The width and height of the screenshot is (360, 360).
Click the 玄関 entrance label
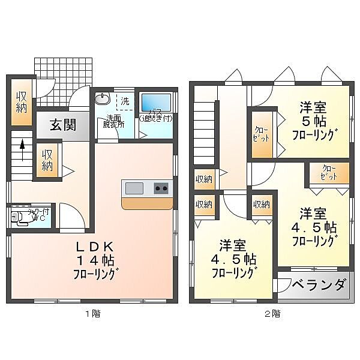point(62,126)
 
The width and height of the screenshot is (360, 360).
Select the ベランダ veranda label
point(320,284)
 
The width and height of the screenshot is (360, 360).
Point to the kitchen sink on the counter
point(134,188)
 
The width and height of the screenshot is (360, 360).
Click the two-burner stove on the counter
point(161,188)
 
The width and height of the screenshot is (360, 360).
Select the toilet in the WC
point(20,217)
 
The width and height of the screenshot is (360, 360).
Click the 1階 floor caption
point(92,313)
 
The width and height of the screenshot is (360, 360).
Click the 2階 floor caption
point(272,313)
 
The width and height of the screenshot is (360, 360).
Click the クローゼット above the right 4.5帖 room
point(328,173)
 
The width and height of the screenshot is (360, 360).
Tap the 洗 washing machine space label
point(125,101)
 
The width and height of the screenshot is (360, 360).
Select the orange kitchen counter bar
point(146,203)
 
